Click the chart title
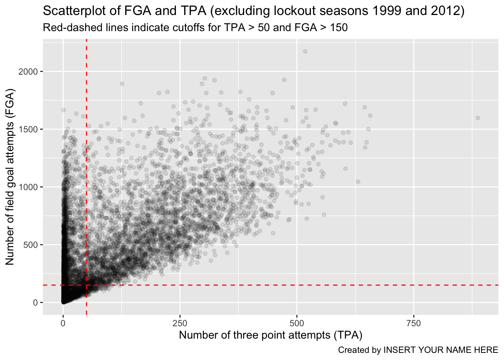click(x=254, y=11)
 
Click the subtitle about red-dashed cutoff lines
click(x=195, y=28)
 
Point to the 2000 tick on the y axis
click(x=28, y=72)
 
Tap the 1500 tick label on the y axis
click(x=28, y=129)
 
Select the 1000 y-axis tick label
click(x=28, y=187)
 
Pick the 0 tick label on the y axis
click(x=35, y=303)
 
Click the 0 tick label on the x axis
click(x=63, y=323)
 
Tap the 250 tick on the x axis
click(x=180, y=323)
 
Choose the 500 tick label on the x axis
click(x=297, y=323)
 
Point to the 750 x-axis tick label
click(x=414, y=323)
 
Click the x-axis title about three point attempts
click(x=270, y=335)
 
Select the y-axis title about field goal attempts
click(x=10, y=177)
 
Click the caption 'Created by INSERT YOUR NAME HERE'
click(x=418, y=350)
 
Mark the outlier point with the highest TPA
click(x=478, y=118)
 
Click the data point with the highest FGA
click(x=305, y=51)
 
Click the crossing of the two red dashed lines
click(x=87, y=285)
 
